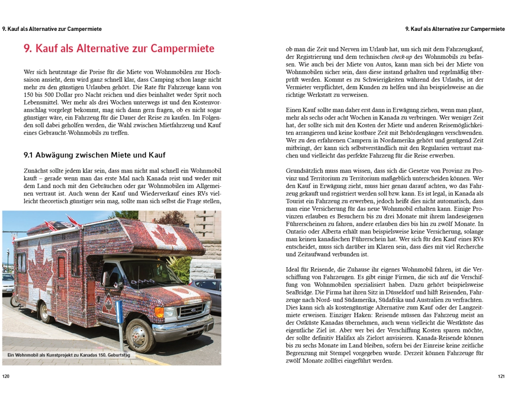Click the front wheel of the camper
(136, 335)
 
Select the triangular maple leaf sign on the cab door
(108, 304)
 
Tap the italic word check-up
(402, 57)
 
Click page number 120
(6, 376)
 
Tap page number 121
(500, 376)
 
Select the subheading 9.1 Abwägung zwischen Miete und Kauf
(95, 154)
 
